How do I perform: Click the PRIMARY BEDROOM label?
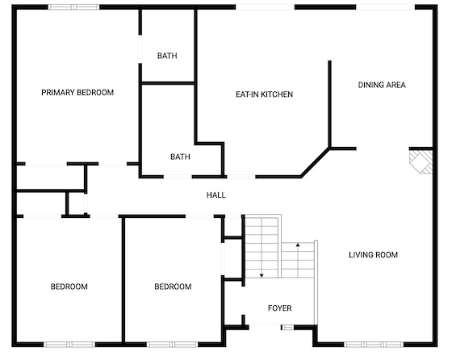(x=77, y=93)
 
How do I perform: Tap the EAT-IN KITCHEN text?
(x=265, y=94)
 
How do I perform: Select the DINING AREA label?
(x=382, y=85)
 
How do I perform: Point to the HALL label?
(x=216, y=195)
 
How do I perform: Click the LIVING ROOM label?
(x=373, y=255)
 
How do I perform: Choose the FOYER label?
(x=279, y=308)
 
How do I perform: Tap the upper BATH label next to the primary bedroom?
(x=167, y=56)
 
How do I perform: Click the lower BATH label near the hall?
(x=180, y=157)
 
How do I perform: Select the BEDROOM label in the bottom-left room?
(x=69, y=287)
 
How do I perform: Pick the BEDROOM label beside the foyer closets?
(x=173, y=287)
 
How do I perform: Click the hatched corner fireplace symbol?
(x=421, y=161)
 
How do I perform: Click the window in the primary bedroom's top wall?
(x=73, y=7)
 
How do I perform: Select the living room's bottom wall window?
(x=375, y=344)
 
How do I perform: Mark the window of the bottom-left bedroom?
(x=69, y=344)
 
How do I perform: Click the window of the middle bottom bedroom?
(x=173, y=344)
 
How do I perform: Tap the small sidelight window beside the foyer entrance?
(x=287, y=328)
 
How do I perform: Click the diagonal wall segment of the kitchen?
(x=315, y=162)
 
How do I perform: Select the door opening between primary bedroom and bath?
(x=140, y=49)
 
